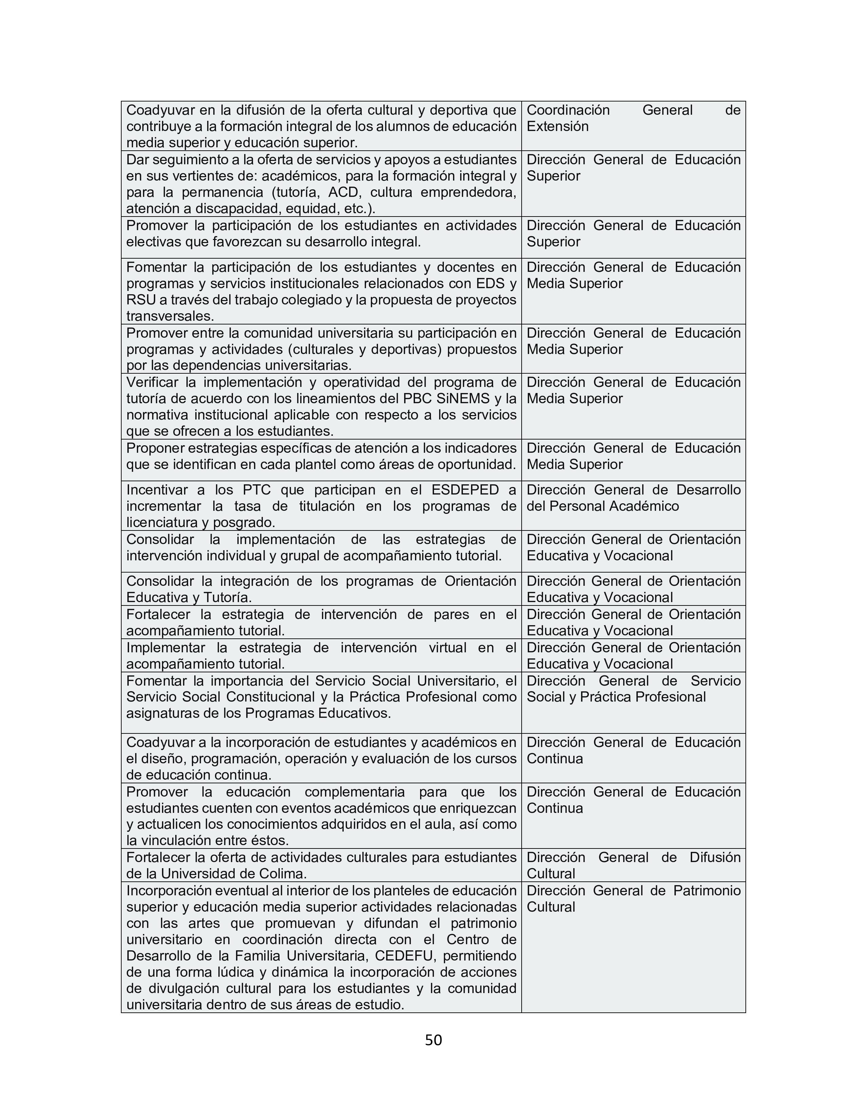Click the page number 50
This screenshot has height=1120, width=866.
tap(433, 1040)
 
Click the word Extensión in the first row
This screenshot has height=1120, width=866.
tap(557, 126)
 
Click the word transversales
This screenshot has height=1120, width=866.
tap(170, 316)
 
